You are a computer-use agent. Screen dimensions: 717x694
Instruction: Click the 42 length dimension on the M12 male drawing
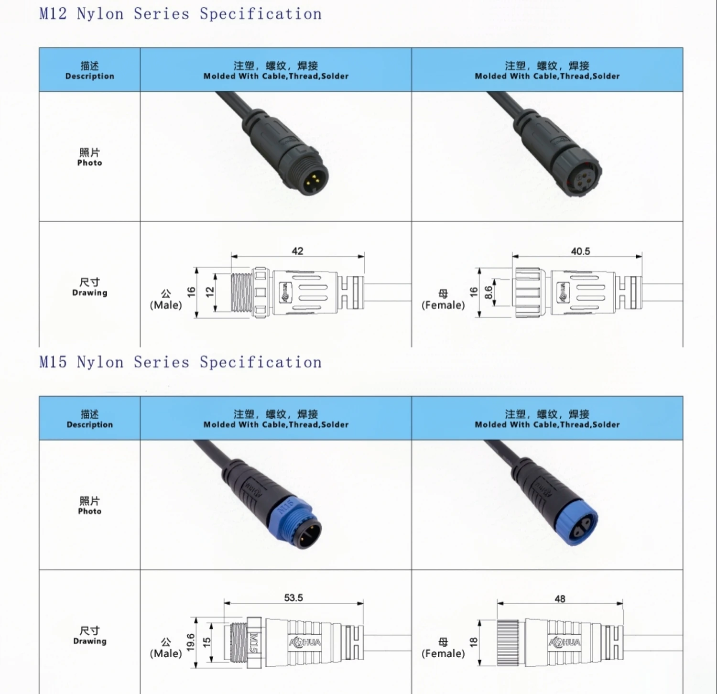click(x=297, y=251)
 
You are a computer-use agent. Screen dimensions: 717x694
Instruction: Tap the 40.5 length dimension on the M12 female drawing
click(x=580, y=251)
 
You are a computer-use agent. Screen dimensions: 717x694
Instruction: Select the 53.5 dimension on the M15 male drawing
click(x=293, y=597)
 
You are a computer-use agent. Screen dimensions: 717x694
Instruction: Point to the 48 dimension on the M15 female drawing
click(x=560, y=598)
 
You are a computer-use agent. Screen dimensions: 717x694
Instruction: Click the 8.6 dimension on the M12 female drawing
click(x=488, y=292)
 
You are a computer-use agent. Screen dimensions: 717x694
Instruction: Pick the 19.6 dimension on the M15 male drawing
click(x=191, y=642)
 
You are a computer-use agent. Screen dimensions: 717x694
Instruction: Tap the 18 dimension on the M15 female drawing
click(x=474, y=642)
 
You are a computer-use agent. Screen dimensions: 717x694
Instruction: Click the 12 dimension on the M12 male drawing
click(x=209, y=292)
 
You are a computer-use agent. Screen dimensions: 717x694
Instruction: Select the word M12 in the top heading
click(x=53, y=14)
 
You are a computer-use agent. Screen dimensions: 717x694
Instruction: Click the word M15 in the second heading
click(x=53, y=362)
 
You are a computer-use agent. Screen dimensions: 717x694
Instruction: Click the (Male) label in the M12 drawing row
click(x=166, y=305)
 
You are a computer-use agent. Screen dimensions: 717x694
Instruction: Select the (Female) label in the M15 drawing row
click(x=443, y=653)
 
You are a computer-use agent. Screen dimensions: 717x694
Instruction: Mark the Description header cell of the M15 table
click(x=90, y=419)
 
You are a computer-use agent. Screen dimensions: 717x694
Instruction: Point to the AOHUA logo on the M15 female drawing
click(x=565, y=642)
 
